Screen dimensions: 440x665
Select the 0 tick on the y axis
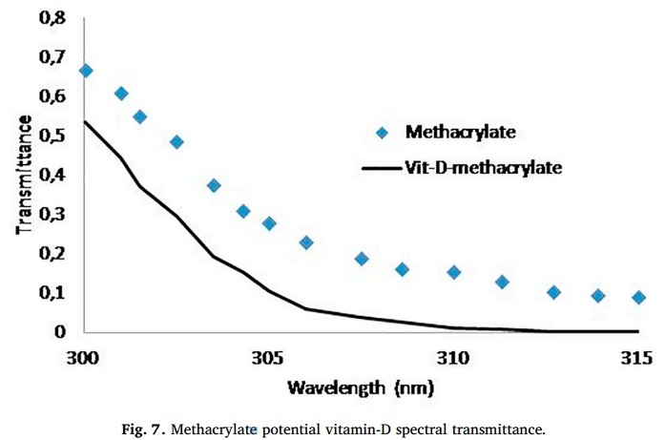point(60,331)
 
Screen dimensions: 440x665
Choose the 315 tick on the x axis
point(635,358)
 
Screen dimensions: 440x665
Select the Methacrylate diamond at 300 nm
point(85,71)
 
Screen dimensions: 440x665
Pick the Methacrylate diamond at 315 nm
point(638,298)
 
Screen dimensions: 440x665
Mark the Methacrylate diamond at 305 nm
point(269,223)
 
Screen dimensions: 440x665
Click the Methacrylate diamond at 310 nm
point(454,272)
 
